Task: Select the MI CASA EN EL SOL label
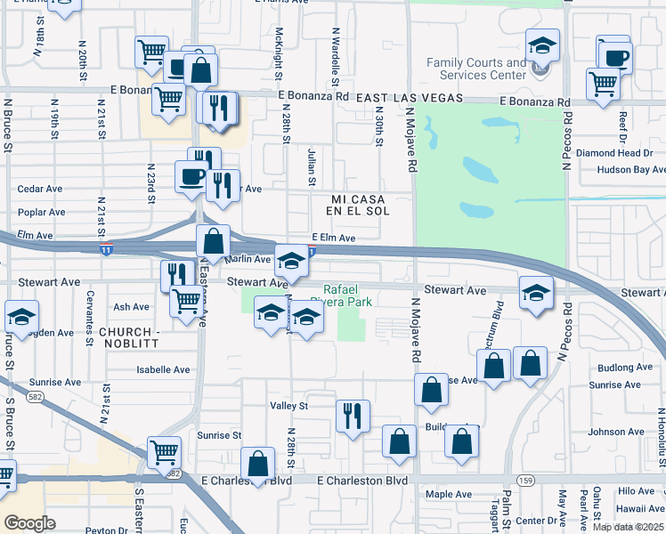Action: (x=361, y=205)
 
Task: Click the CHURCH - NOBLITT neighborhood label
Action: (x=132, y=338)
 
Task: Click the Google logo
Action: (x=29, y=522)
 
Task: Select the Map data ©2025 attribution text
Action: (x=629, y=527)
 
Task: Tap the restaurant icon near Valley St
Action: (x=353, y=415)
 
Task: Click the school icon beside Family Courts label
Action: (x=542, y=44)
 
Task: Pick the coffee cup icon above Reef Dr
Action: (x=613, y=56)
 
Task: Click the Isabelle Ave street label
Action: (x=163, y=369)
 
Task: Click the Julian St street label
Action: (x=312, y=167)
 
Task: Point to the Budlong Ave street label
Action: (x=625, y=367)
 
